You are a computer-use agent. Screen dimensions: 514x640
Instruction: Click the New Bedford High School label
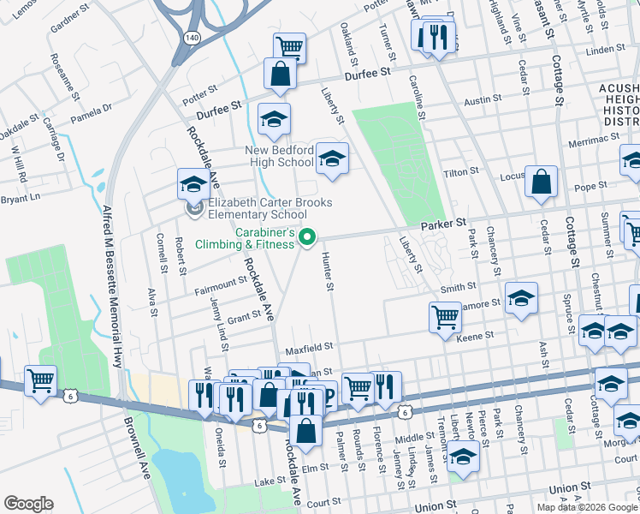pyautogui.click(x=279, y=156)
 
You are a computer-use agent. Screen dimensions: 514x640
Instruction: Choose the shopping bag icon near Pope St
pyautogui.click(x=541, y=182)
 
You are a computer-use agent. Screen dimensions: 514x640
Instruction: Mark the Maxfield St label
pyautogui.click(x=308, y=349)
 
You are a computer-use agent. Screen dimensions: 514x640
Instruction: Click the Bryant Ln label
pyautogui.click(x=21, y=198)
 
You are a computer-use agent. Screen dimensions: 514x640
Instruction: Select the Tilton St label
pyautogui.click(x=460, y=172)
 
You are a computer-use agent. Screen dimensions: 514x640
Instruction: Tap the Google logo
pyautogui.click(x=29, y=504)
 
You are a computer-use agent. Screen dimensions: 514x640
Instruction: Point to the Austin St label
pyautogui.click(x=483, y=100)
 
